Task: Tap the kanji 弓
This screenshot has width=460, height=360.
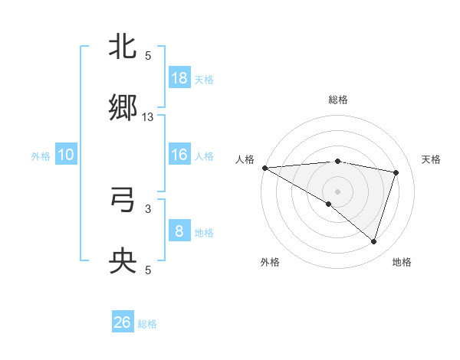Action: pyautogui.click(x=123, y=201)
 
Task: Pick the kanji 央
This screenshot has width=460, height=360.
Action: pyautogui.click(x=123, y=262)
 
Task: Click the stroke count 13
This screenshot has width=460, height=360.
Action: pyautogui.click(x=148, y=116)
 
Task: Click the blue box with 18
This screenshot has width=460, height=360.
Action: pyautogui.click(x=179, y=78)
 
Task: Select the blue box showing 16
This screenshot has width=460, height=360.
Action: pyautogui.click(x=179, y=155)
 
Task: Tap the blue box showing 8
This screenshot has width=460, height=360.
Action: pyautogui.click(x=179, y=231)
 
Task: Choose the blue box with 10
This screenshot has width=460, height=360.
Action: pyautogui.click(x=66, y=155)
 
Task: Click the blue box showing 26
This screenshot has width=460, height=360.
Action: pyautogui.click(x=123, y=322)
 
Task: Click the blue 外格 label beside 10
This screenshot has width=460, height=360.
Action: pyautogui.click(x=41, y=155)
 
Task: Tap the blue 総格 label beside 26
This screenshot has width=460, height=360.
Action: pyautogui.click(x=147, y=324)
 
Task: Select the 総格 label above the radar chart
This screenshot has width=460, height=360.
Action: pyautogui.click(x=337, y=100)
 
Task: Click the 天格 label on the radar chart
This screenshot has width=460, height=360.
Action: pyautogui.click(x=432, y=159)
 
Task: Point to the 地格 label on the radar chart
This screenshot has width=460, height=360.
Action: pyautogui.click(x=402, y=262)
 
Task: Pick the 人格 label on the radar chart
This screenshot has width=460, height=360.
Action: pyautogui.click(x=245, y=159)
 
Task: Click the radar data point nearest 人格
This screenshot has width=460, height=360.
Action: pyautogui.click(x=264, y=168)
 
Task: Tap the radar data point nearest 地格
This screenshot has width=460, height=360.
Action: pyautogui.click(x=373, y=241)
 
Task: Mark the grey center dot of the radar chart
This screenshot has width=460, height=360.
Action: pyautogui.click(x=337, y=190)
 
